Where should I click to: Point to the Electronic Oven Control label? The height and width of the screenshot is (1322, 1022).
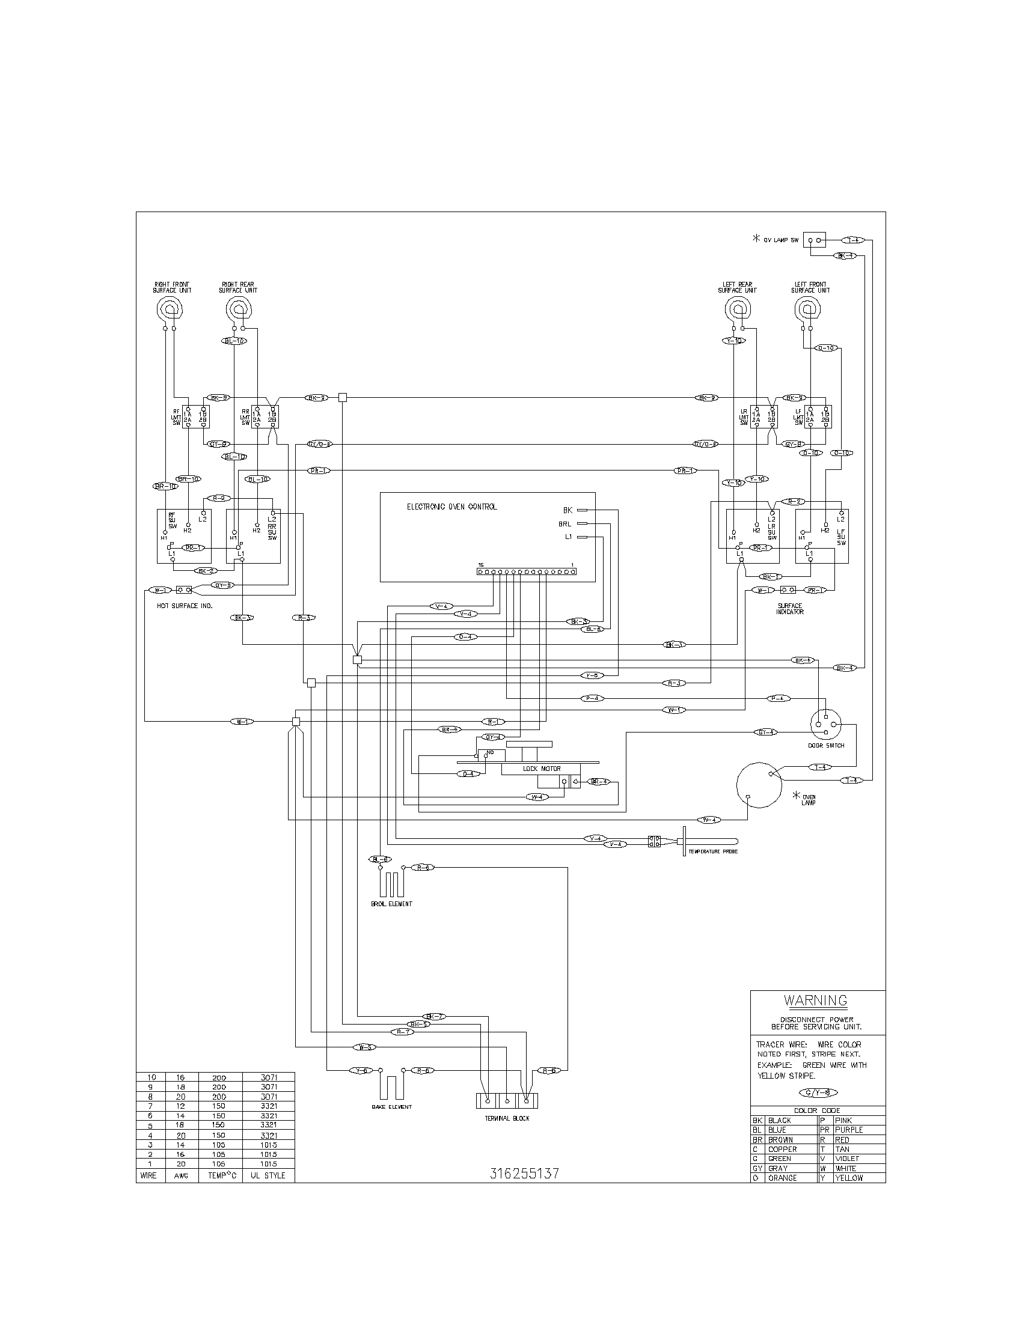click(x=451, y=507)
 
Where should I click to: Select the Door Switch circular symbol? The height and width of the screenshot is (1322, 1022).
click(x=826, y=723)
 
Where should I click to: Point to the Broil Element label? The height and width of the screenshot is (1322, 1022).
click(x=391, y=921)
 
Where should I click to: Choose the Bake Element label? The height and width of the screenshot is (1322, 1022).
click(x=391, y=1107)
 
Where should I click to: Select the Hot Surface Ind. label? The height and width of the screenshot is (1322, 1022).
click(x=185, y=605)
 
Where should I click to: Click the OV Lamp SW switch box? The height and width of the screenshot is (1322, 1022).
click(x=815, y=240)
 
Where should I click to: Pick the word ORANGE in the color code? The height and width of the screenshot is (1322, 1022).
click(x=782, y=1178)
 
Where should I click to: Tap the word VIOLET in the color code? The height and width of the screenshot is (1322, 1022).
click(x=847, y=1159)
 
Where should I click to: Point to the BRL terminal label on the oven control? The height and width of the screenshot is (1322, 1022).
click(x=565, y=523)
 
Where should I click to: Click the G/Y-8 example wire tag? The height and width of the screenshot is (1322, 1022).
click(x=818, y=1092)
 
